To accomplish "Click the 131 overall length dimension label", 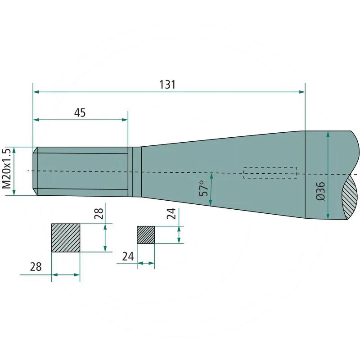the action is point(167,85).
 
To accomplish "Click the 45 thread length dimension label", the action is point(80,113).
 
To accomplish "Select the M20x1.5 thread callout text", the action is point(7,168).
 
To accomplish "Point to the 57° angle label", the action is point(204,188).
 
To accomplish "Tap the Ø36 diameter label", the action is point(321,191).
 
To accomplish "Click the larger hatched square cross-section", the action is point(66,238).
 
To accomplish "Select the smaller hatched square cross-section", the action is point(146,235).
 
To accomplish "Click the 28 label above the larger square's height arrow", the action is point(99,214).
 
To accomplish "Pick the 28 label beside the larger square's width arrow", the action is point(36,267).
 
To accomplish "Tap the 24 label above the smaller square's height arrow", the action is point(171,213).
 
